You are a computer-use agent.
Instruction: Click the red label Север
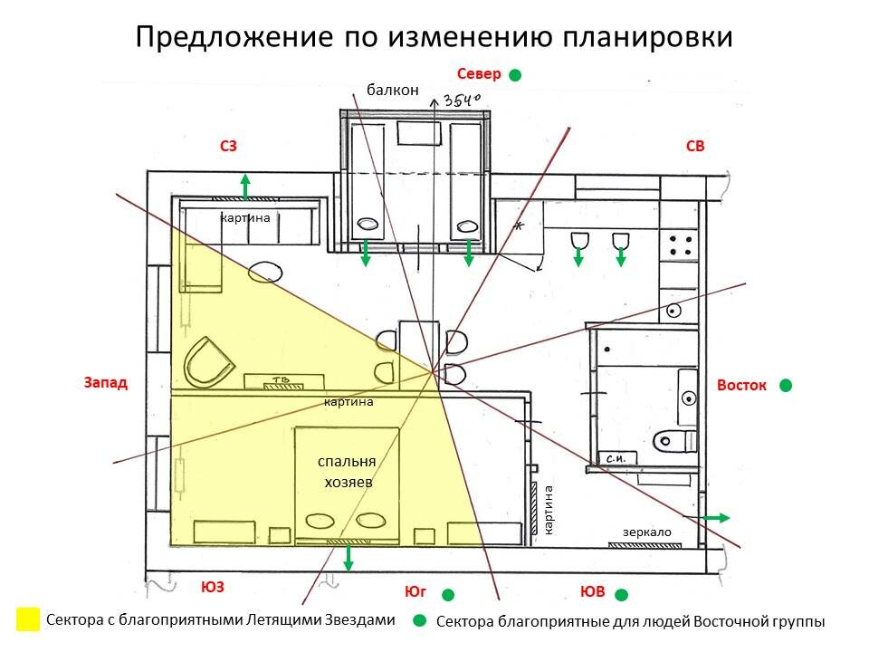[479, 73]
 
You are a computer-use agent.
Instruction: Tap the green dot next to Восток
[786, 385]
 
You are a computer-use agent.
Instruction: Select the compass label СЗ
[229, 145]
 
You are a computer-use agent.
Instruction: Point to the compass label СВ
[695, 145]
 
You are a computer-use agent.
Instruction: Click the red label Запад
[106, 383]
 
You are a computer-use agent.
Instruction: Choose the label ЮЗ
[212, 587]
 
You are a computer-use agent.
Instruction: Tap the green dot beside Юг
[447, 595]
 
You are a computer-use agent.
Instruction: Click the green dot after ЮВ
[622, 594]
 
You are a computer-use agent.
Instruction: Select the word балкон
[394, 89]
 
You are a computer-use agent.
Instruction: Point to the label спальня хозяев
[347, 472]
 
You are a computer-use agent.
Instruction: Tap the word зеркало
[647, 532]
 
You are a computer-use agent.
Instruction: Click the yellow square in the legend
[28, 619]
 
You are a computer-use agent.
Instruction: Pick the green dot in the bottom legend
[418, 621]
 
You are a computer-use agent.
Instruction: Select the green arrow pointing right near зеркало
[718, 517]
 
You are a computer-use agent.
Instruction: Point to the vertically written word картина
[549, 509]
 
